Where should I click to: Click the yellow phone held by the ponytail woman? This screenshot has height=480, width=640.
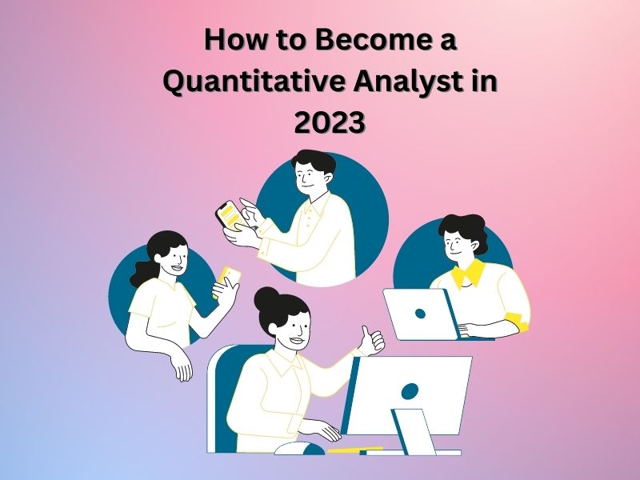(x=228, y=280)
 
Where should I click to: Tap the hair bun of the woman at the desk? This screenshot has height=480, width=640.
(x=267, y=298)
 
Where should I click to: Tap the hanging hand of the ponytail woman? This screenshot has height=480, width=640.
(x=183, y=367)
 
